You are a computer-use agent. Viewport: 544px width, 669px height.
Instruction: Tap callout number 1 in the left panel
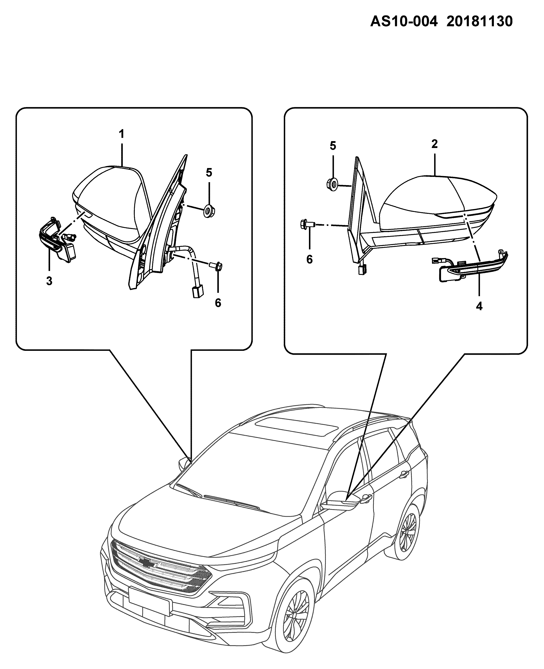[x=121, y=134]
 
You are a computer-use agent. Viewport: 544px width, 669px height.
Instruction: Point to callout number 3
[x=49, y=281]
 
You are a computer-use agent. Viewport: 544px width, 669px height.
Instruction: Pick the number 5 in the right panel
[x=333, y=146]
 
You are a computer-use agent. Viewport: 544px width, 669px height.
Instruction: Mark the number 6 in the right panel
[x=310, y=259]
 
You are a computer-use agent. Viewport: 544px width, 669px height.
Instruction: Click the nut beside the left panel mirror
[x=208, y=211]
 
